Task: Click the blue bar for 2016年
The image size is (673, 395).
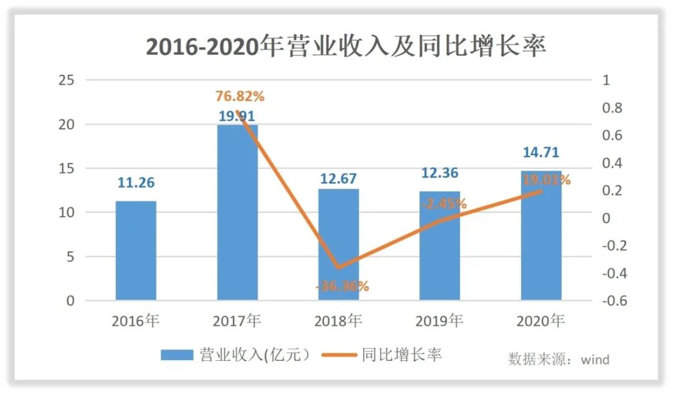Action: (136, 250)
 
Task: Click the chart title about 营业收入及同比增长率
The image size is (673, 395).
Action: (346, 47)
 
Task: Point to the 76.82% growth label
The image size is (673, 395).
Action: (240, 97)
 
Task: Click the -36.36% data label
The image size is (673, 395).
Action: (342, 287)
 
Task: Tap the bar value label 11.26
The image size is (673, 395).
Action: (136, 183)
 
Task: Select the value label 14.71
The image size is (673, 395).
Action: (541, 153)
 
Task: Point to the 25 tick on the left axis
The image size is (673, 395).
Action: (67, 80)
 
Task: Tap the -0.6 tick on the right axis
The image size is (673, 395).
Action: (609, 301)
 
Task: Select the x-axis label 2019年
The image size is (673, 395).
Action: (439, 321)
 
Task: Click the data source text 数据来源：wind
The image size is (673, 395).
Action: (558, 359)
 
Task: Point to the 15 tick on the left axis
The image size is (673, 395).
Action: (67, 169)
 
